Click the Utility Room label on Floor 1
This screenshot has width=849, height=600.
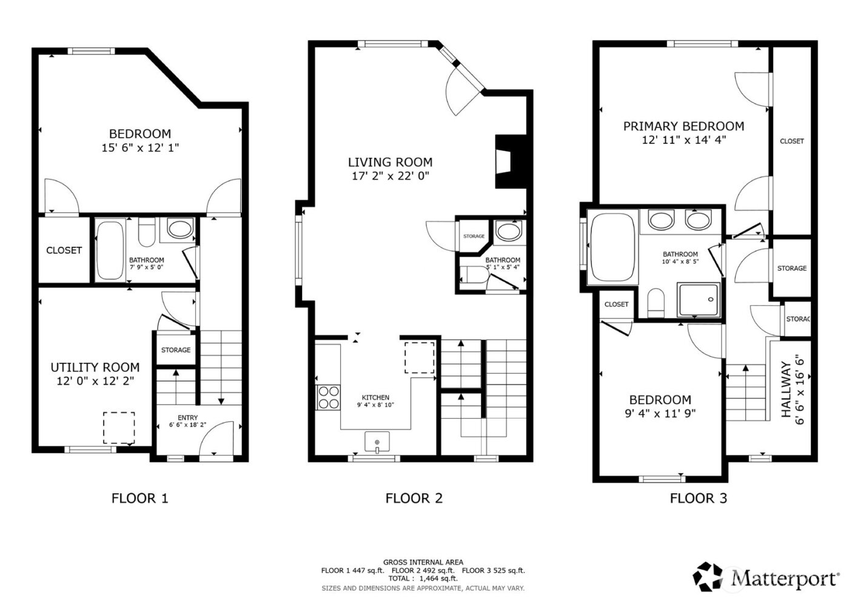[x=95, y=367]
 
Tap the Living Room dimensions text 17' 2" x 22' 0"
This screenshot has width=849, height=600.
[x=390, y=176]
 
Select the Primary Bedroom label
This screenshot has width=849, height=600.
[x=683, y=126]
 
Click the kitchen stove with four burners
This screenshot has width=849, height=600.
[x=328, y=397]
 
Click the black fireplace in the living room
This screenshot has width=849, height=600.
[x=503, y=161]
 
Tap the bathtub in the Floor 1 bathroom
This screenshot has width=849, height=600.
[x=109, y=250]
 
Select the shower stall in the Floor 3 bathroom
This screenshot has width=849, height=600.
[x=699, y=300]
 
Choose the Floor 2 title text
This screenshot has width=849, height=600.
[x=414, y=498]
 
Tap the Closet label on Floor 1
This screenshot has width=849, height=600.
[x=64, y=250]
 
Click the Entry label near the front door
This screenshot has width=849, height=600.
[x=187, y=417]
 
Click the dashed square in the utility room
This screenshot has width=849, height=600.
[x=119, y=428]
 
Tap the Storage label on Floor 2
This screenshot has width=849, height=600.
[x=474, y=236]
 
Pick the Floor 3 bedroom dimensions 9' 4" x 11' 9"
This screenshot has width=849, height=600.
[x=660, y=413]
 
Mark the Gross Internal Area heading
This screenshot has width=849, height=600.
[x=423, y=562]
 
